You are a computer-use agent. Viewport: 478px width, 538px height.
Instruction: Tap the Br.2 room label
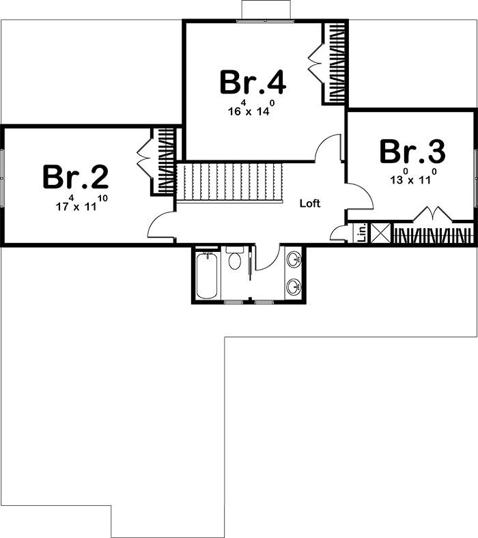tap(75, 177)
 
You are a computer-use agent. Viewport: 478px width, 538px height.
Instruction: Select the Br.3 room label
tap(412, 152)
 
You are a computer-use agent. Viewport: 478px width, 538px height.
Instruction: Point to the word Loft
tap(309, 203)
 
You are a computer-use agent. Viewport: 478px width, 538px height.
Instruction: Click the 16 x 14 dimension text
tap(252, 109)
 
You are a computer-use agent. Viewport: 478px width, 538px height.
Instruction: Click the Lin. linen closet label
tap(362, 233)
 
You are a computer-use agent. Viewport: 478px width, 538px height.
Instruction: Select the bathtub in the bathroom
tap(207, 275)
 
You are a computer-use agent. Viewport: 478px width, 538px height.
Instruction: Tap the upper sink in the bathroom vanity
tap(294, 259)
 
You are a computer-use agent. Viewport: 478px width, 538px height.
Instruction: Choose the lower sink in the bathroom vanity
tap(294, 285)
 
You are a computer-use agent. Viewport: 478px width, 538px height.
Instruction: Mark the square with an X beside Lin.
tap(380, 233)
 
